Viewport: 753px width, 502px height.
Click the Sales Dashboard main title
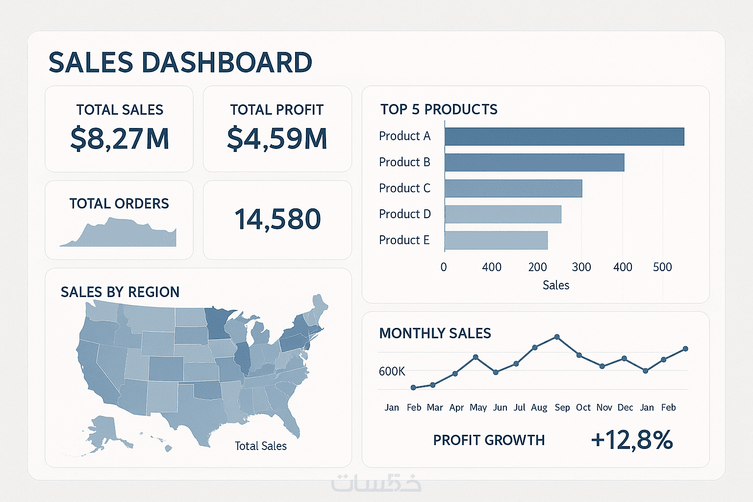(x=180, y=62)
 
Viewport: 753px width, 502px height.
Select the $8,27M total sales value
(x=120, y=139)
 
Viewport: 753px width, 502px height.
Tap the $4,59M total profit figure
(x=277, y=139)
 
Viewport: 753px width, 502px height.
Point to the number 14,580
(x=277, y=219)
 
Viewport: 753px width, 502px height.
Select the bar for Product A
(x=564, y=136)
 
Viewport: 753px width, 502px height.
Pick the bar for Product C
(x=513, y=188)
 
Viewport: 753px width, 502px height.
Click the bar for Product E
(x=496, y=240)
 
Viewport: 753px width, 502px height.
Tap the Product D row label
(x=404, y=214)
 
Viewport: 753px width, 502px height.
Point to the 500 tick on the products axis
(x=662, y=267)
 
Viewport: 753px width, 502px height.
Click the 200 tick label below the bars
(x=537, y=267)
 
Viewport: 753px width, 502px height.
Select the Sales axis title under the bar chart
(x=556, y=285)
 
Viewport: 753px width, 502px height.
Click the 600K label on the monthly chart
(x=392, y=372)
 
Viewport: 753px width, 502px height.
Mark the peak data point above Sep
(x=557, y=337)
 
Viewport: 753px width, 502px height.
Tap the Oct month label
(x=583, y=407)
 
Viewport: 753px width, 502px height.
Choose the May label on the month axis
(x=478, y=407)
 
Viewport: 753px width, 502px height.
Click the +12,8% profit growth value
(x=631, y=440)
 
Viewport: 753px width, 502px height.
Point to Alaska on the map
(x=105, y=429)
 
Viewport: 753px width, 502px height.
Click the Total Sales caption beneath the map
(x=260, y=446)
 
